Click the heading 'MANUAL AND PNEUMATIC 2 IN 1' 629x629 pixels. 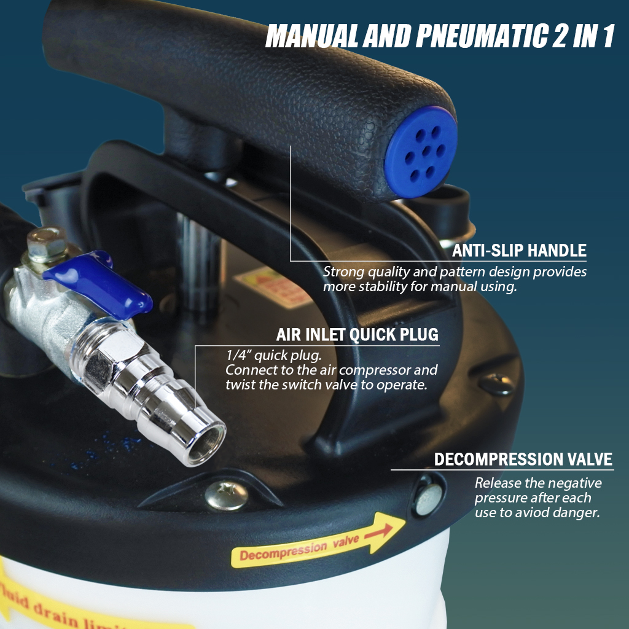click(440, 37)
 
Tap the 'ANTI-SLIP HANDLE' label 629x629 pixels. click(519, 251)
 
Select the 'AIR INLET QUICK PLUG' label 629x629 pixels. click(357, 335)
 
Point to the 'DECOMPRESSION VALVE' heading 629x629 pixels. click(523, 459)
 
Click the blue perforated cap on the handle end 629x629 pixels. click(421, 152)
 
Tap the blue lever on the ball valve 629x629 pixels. click(98, 283)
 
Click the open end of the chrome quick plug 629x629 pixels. click(207, 443)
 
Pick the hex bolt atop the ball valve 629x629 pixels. click(45, 244)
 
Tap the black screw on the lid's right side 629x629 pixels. click(496, 384)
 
